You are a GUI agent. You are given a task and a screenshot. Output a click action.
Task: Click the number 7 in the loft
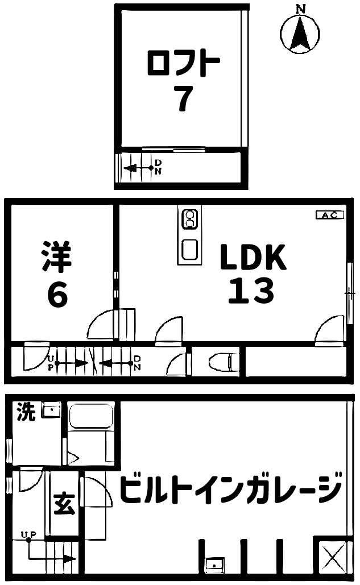(x=184, y=98)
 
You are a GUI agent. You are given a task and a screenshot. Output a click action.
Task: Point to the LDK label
(x=253, y=257)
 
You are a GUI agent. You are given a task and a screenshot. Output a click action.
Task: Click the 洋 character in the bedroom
(x=57, y=257)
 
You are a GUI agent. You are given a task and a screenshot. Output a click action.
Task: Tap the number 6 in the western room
(x=58, y=294)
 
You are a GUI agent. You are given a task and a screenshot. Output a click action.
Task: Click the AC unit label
(x=329, y=215)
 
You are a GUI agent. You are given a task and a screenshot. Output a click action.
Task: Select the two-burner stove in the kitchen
(x=189, y=220)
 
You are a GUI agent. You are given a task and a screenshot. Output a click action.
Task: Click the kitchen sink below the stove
(x=189, y=249)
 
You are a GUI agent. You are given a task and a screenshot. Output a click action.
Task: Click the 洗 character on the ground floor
(x=26, y=412)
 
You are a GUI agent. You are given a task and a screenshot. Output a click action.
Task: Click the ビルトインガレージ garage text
(x=231, y=487)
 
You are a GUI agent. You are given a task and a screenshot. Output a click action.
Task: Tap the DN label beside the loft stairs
(x=158, y=167)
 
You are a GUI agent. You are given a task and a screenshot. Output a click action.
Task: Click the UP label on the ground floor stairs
(x=28, y=535)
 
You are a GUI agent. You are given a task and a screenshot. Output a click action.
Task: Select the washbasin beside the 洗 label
(x=51, y=410)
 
